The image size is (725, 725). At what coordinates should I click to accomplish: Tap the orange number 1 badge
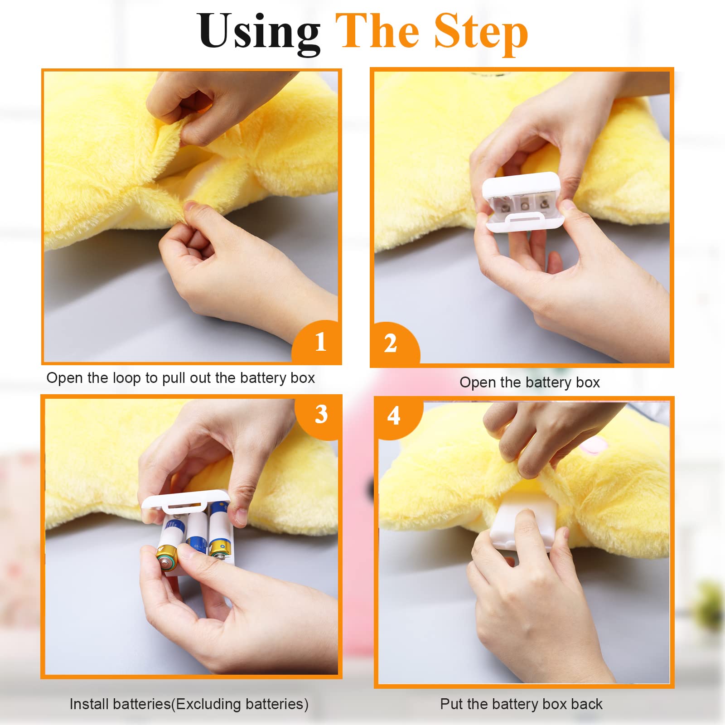(317, 342)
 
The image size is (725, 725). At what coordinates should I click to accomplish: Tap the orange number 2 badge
(395, 344)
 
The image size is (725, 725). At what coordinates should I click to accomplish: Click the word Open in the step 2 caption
(478, 383)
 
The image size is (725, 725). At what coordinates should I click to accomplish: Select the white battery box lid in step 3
(185, 503)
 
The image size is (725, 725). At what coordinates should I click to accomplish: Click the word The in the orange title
(378, 32)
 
